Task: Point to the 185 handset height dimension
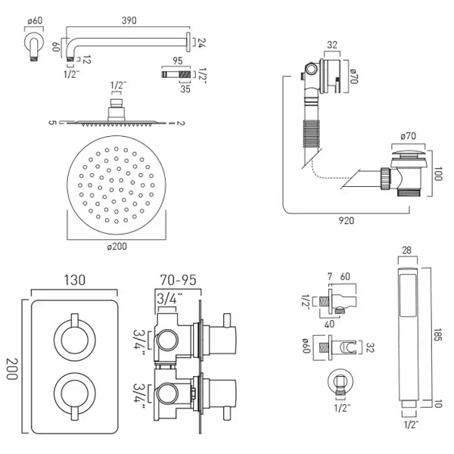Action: pos(438,335)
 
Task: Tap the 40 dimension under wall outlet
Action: pos(329,325)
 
